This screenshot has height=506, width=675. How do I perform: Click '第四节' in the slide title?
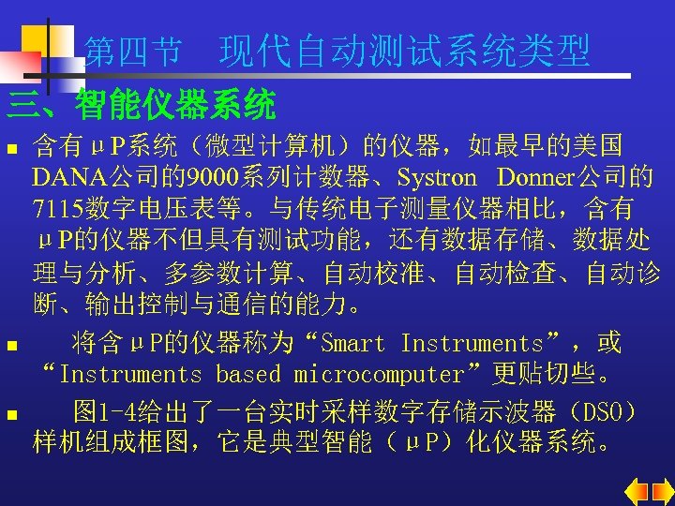coord(132,52)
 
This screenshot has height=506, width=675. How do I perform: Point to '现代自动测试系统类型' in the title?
coord(405,52)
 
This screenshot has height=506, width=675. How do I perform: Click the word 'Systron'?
coord(437,177)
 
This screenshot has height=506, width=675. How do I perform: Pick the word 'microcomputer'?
coord(379,375)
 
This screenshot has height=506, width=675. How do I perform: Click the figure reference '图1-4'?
coord(107,411)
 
